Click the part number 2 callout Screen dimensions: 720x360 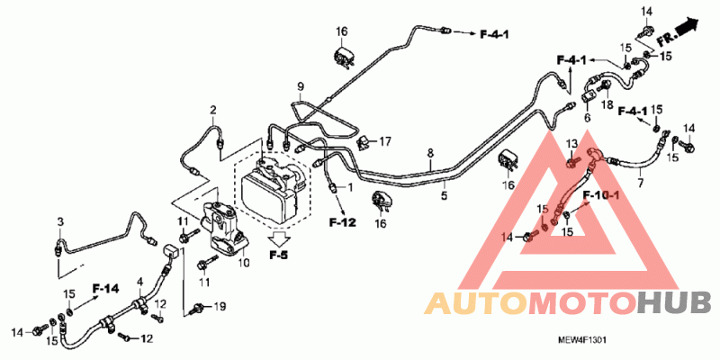click(x=214, y=111)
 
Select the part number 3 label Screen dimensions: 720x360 click(x=60, y=221)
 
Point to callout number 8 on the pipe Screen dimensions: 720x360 click(x=430, y=153)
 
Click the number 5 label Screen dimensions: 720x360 click(x=443, y=193)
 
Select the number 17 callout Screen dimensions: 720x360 click(x=385, y=141)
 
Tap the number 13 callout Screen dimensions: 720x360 click(x=570, y=145)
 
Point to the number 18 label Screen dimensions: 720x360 click(x=607, y=106)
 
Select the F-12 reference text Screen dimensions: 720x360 click(x=343, y=220)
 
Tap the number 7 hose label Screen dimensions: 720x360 click(x=641, y=183)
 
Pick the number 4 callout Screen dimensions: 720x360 click(x=139, y=282)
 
